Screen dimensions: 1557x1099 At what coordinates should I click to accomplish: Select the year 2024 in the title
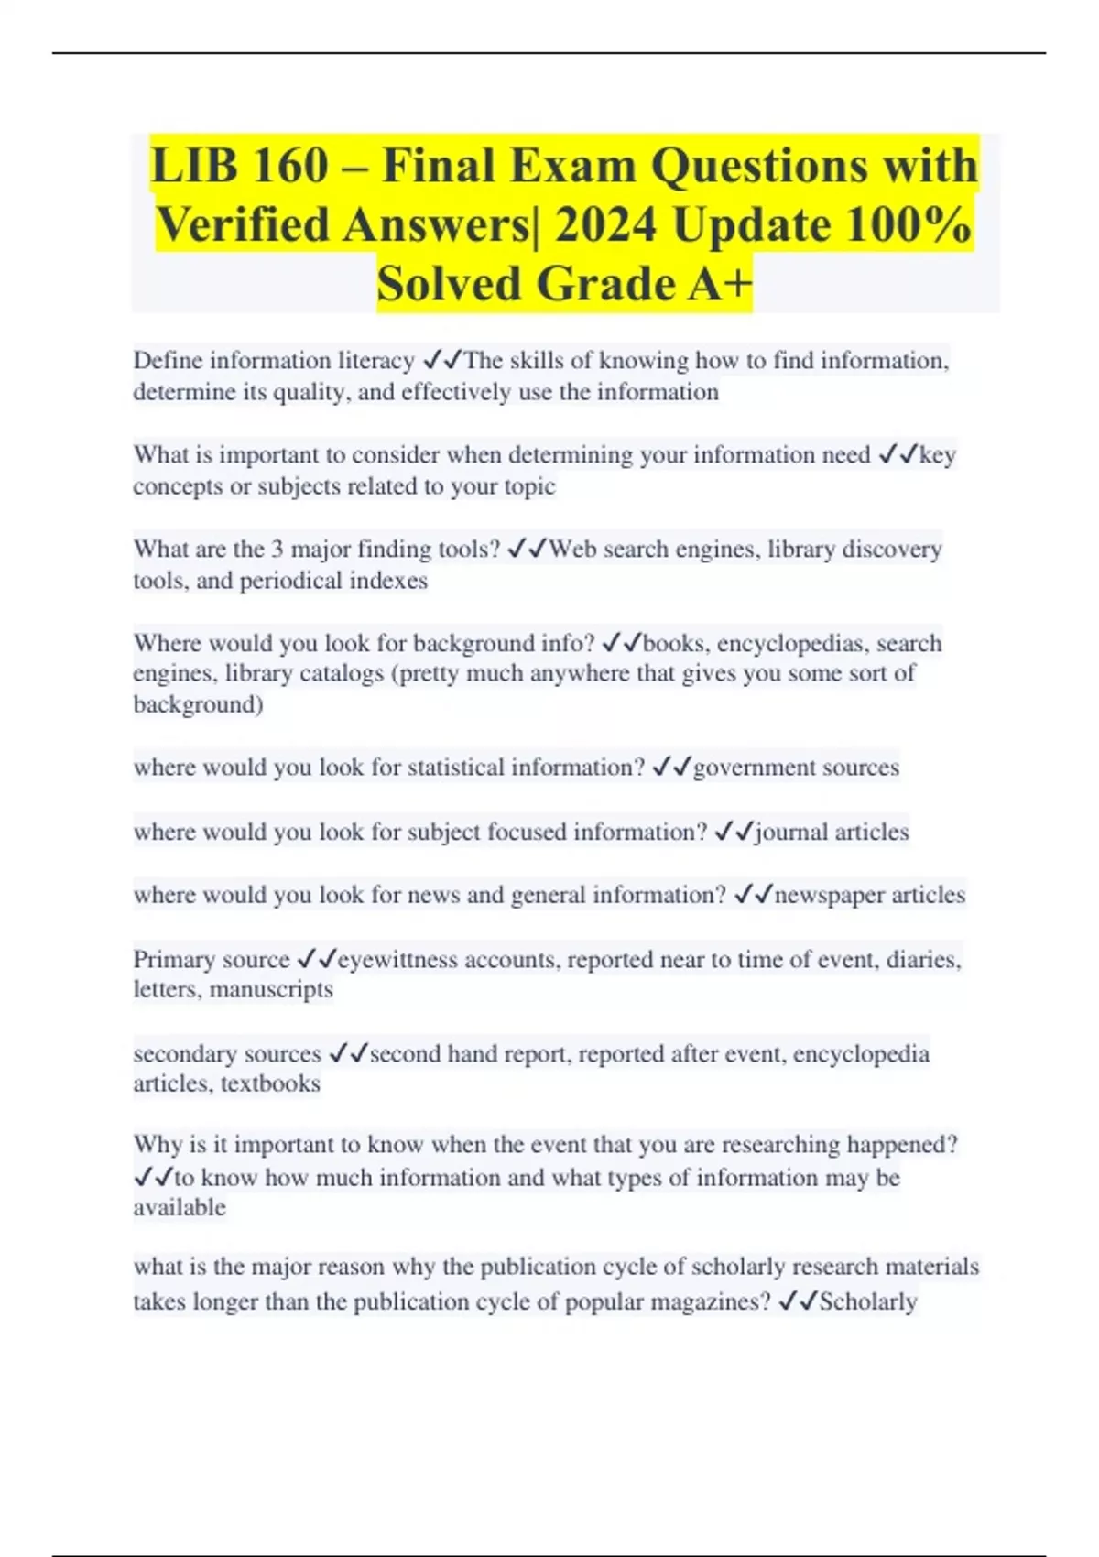pyautogui.click(x=605, y=225)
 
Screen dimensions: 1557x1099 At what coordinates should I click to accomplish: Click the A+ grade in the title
pyautogui.click(x=718, y=284)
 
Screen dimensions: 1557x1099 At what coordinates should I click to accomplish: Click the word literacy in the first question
pyautogui.click(x=376, y=361)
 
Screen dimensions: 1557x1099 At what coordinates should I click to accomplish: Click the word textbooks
pyautogui.click(x=270, y=1083)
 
